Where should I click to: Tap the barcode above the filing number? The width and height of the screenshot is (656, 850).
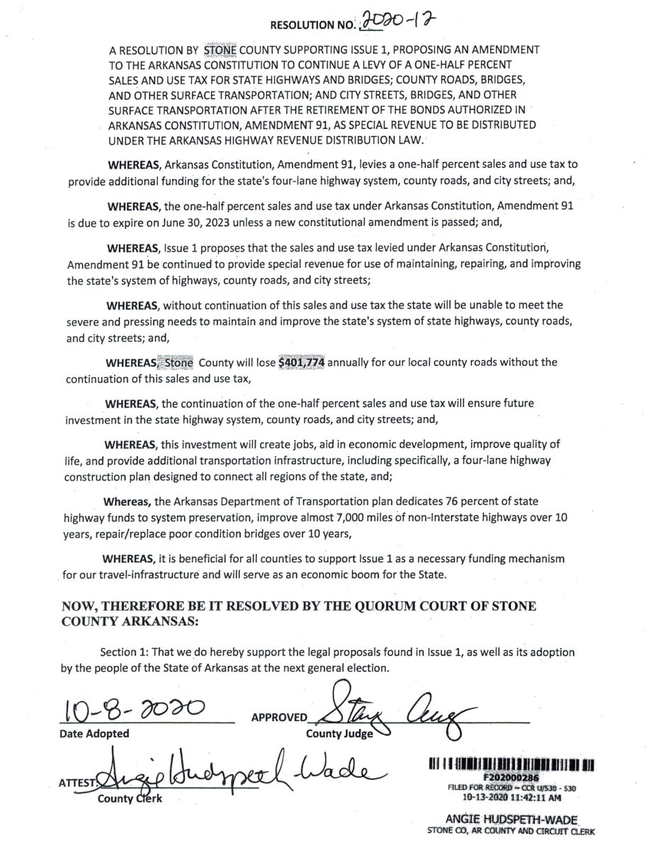(x=512, y=765)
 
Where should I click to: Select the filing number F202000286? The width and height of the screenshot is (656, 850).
(x=513, y=776)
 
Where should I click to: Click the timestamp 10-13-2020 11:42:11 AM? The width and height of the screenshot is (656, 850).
(x=513, y=795)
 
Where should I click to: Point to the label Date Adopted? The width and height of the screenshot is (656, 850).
(x=94, y=734)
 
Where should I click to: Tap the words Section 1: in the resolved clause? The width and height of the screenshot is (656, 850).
(x=130, y=652)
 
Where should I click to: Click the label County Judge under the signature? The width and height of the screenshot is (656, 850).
(x=339, y=734)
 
